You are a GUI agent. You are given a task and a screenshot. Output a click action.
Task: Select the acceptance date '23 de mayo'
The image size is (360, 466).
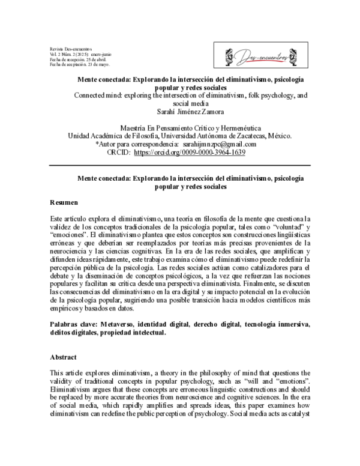click(96, 64)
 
